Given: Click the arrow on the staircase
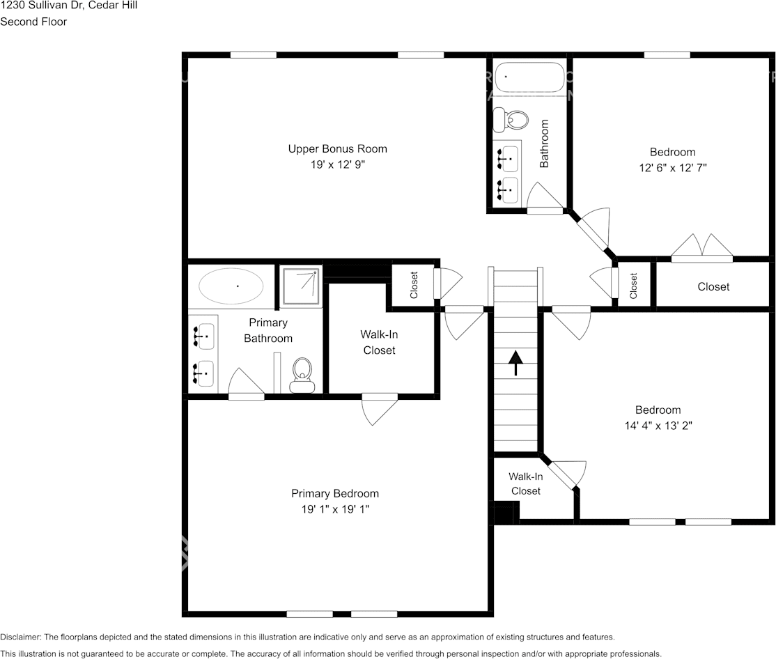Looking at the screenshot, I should point(515,363).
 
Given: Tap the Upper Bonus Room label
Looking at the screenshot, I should point(337,148).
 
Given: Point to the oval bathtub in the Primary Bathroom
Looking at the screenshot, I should point(231,286).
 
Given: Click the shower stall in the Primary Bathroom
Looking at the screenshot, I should point(301,286).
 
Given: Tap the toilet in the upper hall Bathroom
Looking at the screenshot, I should point(511,120).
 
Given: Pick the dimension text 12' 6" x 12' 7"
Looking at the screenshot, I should point(673,168).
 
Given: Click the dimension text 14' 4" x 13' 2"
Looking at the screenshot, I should point(658,426).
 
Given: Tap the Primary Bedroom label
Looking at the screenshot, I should point(335,493).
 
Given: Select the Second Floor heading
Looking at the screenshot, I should point(33,22).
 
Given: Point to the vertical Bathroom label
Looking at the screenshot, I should point(545,144).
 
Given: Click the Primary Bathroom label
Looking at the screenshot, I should point(268,330).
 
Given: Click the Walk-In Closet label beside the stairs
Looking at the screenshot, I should point(526,483).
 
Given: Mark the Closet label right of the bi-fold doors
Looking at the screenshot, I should point(713,286).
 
